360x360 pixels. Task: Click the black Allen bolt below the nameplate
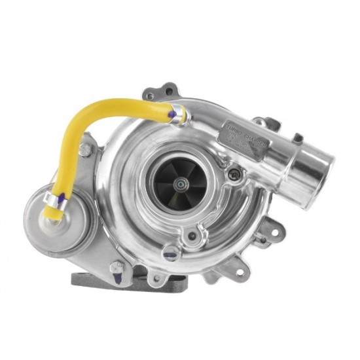(x=236, y=174)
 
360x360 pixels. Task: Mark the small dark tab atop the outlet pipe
(x=298, y=137)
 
